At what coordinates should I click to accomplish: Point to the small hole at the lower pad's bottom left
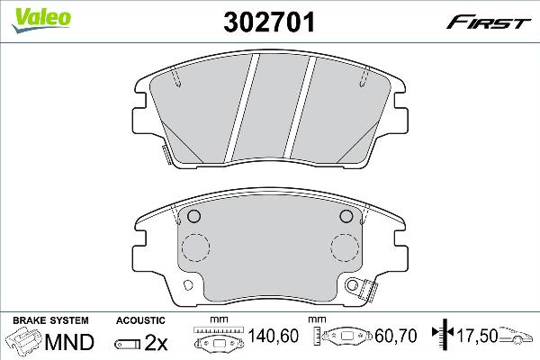189,286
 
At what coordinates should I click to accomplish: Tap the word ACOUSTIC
140,319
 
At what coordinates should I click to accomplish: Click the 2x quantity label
156,342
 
